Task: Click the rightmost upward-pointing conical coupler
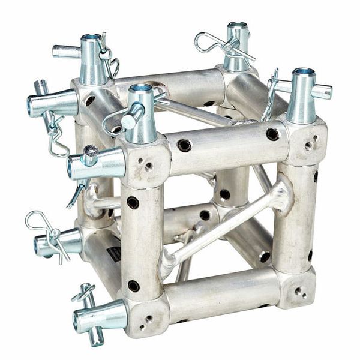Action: coord(302,96)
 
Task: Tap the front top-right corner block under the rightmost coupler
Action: coord(307,143)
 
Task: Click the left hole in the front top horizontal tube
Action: coord(184,145)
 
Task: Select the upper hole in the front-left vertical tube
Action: coord(133,203)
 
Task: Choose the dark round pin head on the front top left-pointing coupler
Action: coord(91,152)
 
